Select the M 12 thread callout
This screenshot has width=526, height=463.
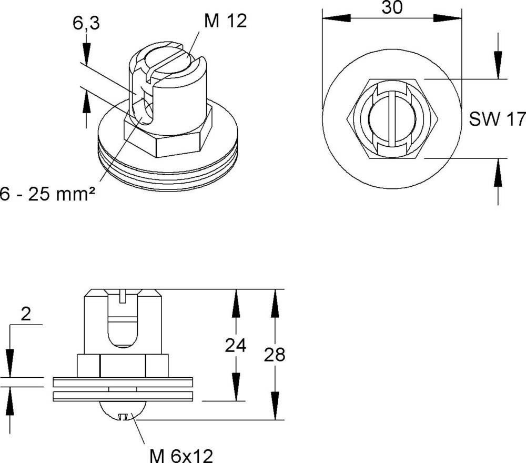(225, 21)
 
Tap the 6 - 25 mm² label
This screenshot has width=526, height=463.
(47, 194)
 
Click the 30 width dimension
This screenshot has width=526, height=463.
(392, 7)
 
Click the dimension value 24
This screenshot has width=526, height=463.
(236, 346)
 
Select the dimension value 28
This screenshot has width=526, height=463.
(274, 355)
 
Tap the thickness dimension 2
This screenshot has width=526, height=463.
(26, 314)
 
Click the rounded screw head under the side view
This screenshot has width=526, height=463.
(123, 410)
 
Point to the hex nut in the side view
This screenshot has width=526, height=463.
(123, 365)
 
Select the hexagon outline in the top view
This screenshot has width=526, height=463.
(350, 119)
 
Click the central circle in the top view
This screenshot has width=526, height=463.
(392, 119)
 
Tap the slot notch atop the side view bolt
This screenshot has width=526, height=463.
(123, 297)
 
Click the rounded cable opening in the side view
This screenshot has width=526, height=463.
(123, 331)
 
